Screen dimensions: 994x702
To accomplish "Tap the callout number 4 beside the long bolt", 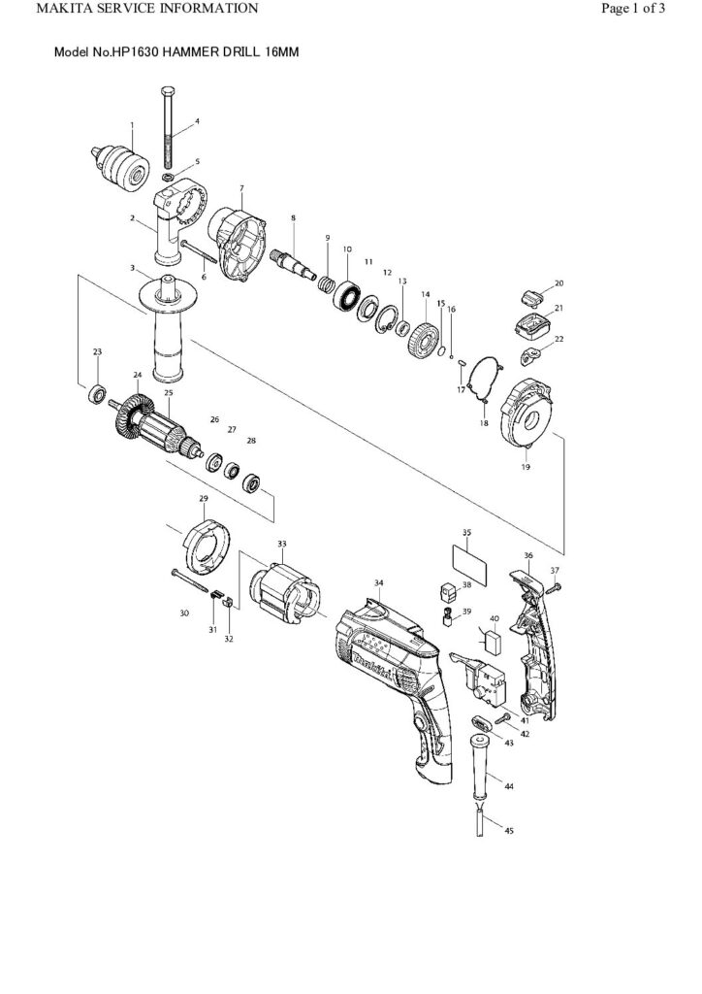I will (197, 121).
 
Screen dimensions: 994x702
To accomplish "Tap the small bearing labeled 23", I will (97, 395).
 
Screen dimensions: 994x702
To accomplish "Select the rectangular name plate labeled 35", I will (470, 565).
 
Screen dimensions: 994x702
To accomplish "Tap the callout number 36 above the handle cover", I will (528, 556).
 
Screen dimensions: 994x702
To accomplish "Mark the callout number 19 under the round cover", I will (526, 466).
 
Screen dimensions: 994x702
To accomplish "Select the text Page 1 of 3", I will (632, 9).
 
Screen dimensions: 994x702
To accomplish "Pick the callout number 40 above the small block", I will (494, 617).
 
